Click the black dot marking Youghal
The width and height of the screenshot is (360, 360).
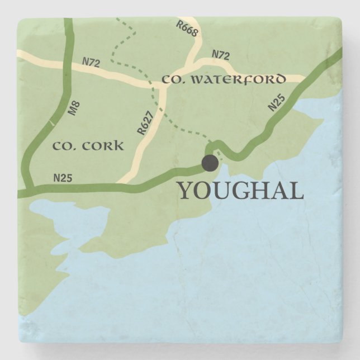210,163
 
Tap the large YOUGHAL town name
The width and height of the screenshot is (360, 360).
240,191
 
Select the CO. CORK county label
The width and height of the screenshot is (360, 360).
88,146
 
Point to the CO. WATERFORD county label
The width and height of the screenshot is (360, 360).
224,80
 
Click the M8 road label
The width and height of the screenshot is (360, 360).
73,108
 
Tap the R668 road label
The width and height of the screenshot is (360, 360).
187,29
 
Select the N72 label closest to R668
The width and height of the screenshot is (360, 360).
221,55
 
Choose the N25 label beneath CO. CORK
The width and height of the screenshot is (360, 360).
63,178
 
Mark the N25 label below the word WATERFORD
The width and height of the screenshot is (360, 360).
276,103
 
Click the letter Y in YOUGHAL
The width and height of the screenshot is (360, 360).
186,191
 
